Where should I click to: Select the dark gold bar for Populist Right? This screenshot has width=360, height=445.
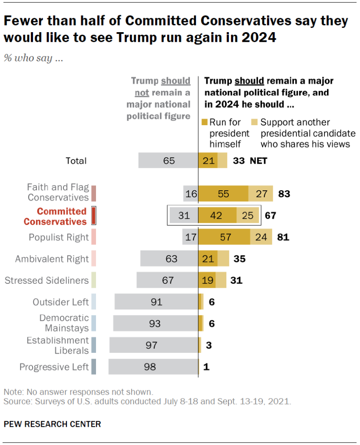224,237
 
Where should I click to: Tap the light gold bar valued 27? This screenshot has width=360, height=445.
261,194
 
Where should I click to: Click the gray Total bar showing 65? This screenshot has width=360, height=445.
168,161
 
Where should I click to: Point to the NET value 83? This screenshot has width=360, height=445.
284,194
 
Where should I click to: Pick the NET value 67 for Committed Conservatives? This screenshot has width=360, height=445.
270,216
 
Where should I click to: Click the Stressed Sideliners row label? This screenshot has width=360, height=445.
46,280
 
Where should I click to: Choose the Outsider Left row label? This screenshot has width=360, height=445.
61,302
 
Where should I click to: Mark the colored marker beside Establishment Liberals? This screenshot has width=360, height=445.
94,345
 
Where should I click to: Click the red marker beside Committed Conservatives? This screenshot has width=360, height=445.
94,216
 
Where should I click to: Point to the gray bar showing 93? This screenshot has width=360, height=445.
155,323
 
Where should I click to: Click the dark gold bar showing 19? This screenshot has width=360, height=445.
207,280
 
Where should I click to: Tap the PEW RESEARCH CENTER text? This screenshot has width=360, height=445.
52,424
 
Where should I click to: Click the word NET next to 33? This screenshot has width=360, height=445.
258,161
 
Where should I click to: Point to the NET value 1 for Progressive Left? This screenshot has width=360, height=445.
206,367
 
